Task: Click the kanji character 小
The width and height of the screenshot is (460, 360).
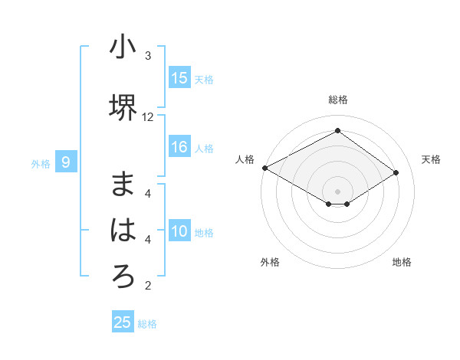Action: coord(123,47)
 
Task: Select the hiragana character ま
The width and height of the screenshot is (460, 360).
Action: coord(123,185)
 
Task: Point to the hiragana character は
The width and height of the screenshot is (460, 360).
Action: coord(123,230)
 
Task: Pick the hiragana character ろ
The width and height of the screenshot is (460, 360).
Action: coord(123,276)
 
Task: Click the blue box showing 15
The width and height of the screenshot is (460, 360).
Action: coord(179,78)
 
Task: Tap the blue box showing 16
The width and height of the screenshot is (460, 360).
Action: coord(179,147)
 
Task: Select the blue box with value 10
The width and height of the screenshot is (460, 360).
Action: coord(179,231)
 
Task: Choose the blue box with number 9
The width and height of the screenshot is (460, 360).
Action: coord(66,162)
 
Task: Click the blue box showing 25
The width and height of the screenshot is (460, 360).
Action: coord(123,322)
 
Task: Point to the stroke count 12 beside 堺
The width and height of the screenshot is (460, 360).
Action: coord(148,117)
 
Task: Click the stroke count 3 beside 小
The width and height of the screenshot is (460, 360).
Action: coord(148,56)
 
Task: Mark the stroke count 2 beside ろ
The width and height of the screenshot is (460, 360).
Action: coord(148,286)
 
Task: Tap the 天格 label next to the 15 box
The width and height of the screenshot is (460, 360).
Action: coord(204,79)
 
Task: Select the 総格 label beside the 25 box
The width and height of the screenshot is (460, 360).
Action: coord(147,324)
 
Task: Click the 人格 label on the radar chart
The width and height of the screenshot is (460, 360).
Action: coord(245,159)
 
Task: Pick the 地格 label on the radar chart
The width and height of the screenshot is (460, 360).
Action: coord(402,262)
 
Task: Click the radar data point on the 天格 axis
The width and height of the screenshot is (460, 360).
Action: coord(396,173)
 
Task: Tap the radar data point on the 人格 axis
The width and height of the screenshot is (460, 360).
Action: coord(264,168)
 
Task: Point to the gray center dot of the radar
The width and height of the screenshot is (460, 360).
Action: coord(337,191)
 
